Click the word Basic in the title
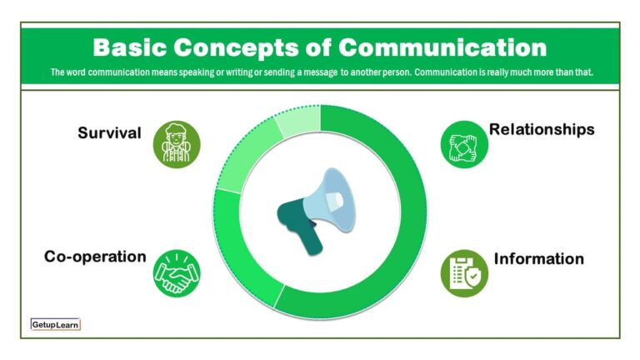131,46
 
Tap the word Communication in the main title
442,46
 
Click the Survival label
109,132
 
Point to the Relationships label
542,129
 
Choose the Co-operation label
95,257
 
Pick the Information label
539,258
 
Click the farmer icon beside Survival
177,144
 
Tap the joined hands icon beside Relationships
463,144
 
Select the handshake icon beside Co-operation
177,272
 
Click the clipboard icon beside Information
464,272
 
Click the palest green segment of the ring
296,124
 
